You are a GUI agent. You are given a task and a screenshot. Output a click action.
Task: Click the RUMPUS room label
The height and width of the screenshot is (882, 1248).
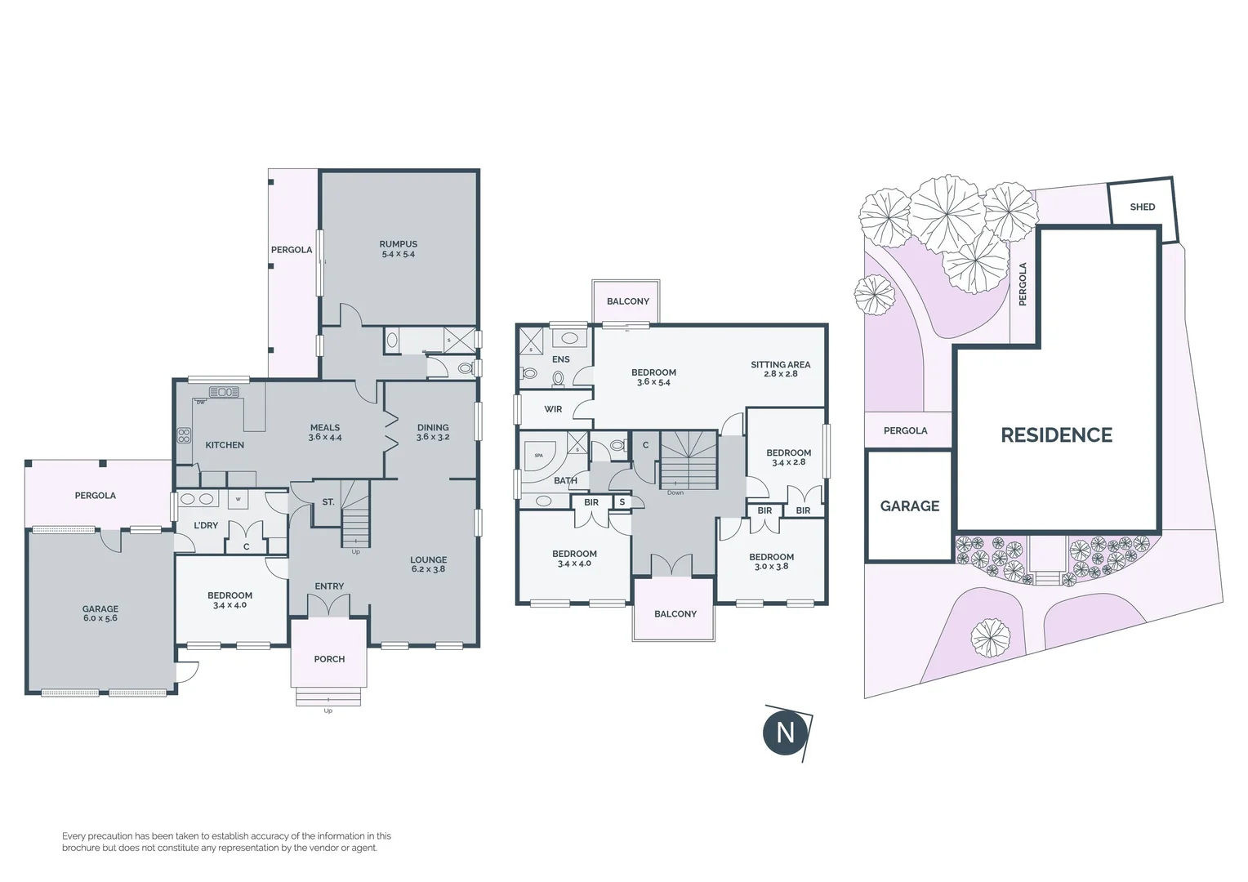pos(398,248)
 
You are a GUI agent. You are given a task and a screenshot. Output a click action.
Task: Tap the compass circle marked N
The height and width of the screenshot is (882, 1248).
pos(785,732)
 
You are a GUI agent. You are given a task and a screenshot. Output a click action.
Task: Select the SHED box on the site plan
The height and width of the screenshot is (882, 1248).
pos(1142,207)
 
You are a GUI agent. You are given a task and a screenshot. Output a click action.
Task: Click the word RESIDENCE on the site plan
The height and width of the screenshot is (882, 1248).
pos(1056,435)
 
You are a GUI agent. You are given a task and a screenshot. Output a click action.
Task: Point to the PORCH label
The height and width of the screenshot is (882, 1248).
pos(329,659)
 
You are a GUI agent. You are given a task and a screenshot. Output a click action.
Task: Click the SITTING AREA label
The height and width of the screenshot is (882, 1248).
pos(780,369)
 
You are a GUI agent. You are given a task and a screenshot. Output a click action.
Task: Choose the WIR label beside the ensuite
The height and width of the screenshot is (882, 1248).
pos(553,409)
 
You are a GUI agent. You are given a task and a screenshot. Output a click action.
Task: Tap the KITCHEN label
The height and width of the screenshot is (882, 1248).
pos(225,445)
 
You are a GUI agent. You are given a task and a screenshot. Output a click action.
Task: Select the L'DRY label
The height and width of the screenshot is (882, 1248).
pos(206,525)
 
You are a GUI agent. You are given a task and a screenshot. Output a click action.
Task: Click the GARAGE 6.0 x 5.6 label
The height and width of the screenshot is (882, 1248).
pos(100,613)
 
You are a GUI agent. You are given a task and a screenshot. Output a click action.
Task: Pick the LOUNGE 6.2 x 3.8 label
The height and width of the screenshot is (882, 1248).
pos(428,564)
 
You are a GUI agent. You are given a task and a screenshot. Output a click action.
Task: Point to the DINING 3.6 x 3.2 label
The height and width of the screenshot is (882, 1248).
pos(432,432)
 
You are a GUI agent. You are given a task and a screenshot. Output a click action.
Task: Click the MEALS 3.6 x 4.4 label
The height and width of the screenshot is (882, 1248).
pos(324,432)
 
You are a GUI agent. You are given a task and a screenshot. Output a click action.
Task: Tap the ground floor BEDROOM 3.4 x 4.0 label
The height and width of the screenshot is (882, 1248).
pos(230,600)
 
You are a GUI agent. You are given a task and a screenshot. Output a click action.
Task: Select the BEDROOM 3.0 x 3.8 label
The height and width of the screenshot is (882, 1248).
pos(771,561)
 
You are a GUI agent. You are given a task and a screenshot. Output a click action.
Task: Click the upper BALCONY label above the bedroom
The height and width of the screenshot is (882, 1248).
pos(627,301)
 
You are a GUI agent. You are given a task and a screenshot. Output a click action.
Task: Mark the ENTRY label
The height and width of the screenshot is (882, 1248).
pos(329,586)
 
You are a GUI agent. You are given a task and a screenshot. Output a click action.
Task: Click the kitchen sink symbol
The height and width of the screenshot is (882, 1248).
pos(224,392)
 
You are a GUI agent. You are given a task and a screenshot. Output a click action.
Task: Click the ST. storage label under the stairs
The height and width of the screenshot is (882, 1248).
pos(328,502)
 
